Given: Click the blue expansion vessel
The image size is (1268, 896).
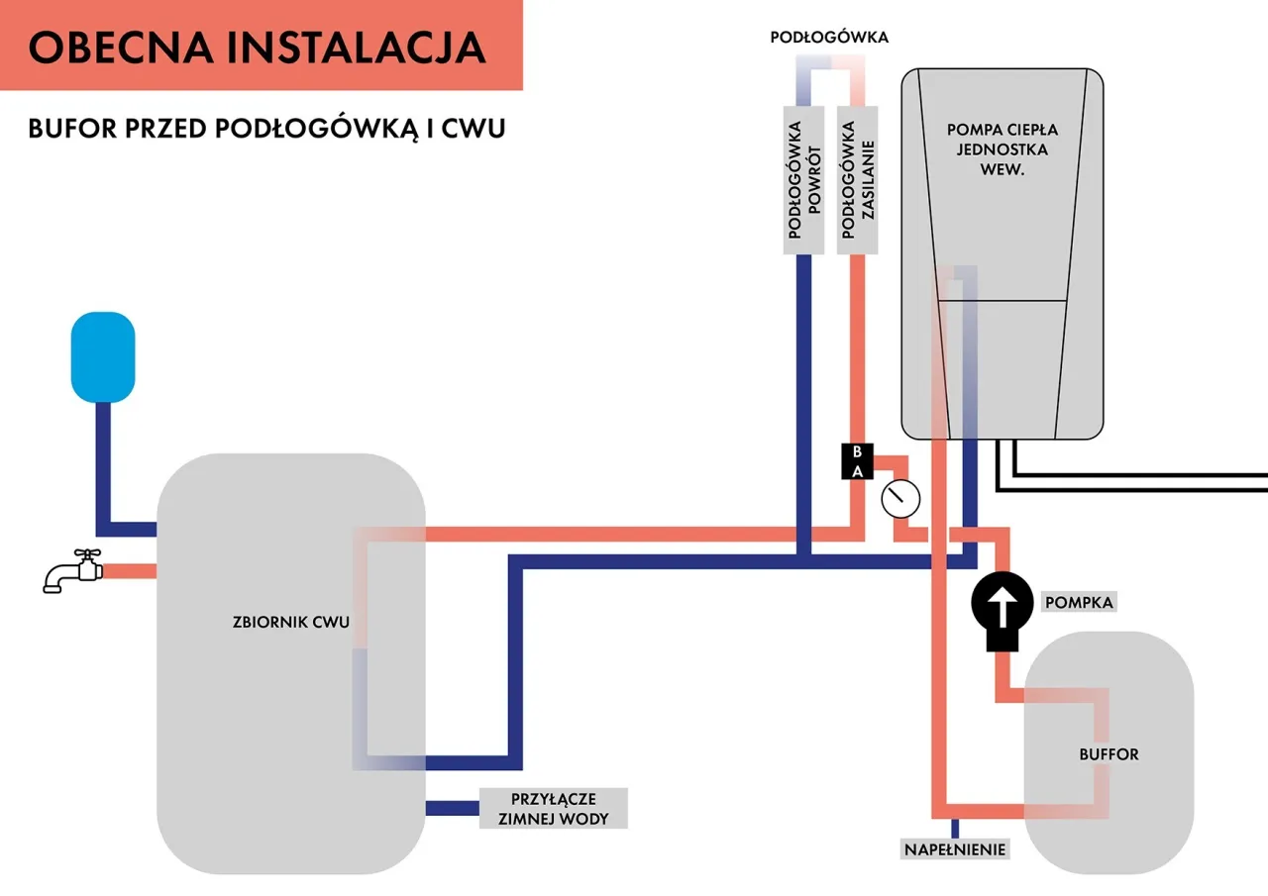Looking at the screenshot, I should coord(102,356).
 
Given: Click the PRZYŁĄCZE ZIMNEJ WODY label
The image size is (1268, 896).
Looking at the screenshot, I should coord(554,808).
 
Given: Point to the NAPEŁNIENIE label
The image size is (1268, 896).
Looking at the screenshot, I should coord(955,848).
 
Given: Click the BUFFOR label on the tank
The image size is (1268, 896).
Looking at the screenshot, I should coord(1109,754).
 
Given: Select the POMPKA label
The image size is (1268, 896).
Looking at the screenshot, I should coord(1079,602).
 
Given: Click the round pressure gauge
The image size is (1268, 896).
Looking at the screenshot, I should coord(899,498).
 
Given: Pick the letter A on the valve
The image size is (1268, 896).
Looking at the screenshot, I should coord(858,470).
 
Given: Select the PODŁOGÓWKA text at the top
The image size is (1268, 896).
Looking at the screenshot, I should coord(830,38).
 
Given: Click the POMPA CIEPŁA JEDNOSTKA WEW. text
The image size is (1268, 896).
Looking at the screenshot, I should coord(1002,149).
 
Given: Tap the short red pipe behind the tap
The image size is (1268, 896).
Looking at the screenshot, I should coord(130,571).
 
